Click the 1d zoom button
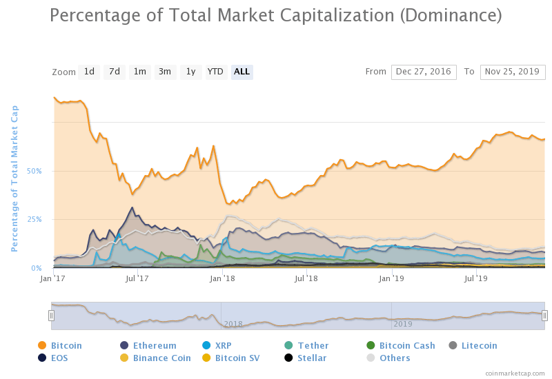click(x=89, y=72)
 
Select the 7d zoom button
click(x=115, y=72)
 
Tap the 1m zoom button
click(x=140, y=72)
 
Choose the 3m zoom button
click(x=165, y=72)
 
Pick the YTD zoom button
click(x=216, y=72)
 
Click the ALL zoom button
click(x=242, y=72)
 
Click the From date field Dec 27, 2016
click(x=424, y=72)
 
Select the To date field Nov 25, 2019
click(x=513, y=72)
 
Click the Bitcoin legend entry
click(x=66, y=345)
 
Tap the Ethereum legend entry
click(x=155, y=345)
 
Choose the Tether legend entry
click(x=313, y=345)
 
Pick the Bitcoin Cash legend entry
click(x=407, y=345)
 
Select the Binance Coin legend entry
click(x=161, y=358)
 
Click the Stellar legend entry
click(x=312, y=358)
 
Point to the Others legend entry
click(x=395, y=358)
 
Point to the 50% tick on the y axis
click(x=34, y=171)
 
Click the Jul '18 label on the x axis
click(x=306, y=278)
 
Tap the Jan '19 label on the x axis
click(x=392, y=278)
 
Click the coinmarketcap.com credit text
click(x=514, y=372)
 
